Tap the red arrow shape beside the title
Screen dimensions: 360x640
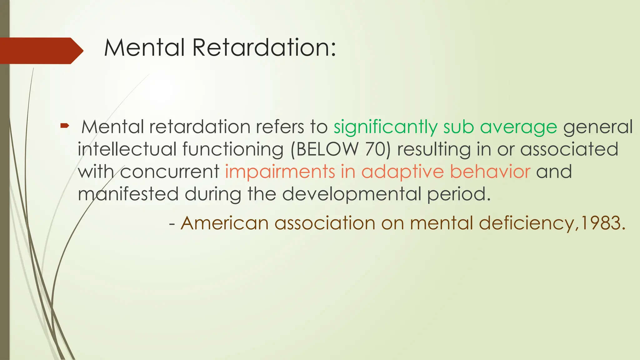click(41, 51)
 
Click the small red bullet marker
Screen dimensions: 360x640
click(64, 126)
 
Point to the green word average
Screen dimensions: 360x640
click(518, 127)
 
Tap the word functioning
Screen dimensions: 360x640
click(233, 149)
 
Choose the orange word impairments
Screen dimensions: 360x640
click(280, 172)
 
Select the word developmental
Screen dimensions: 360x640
click(352, 194)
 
